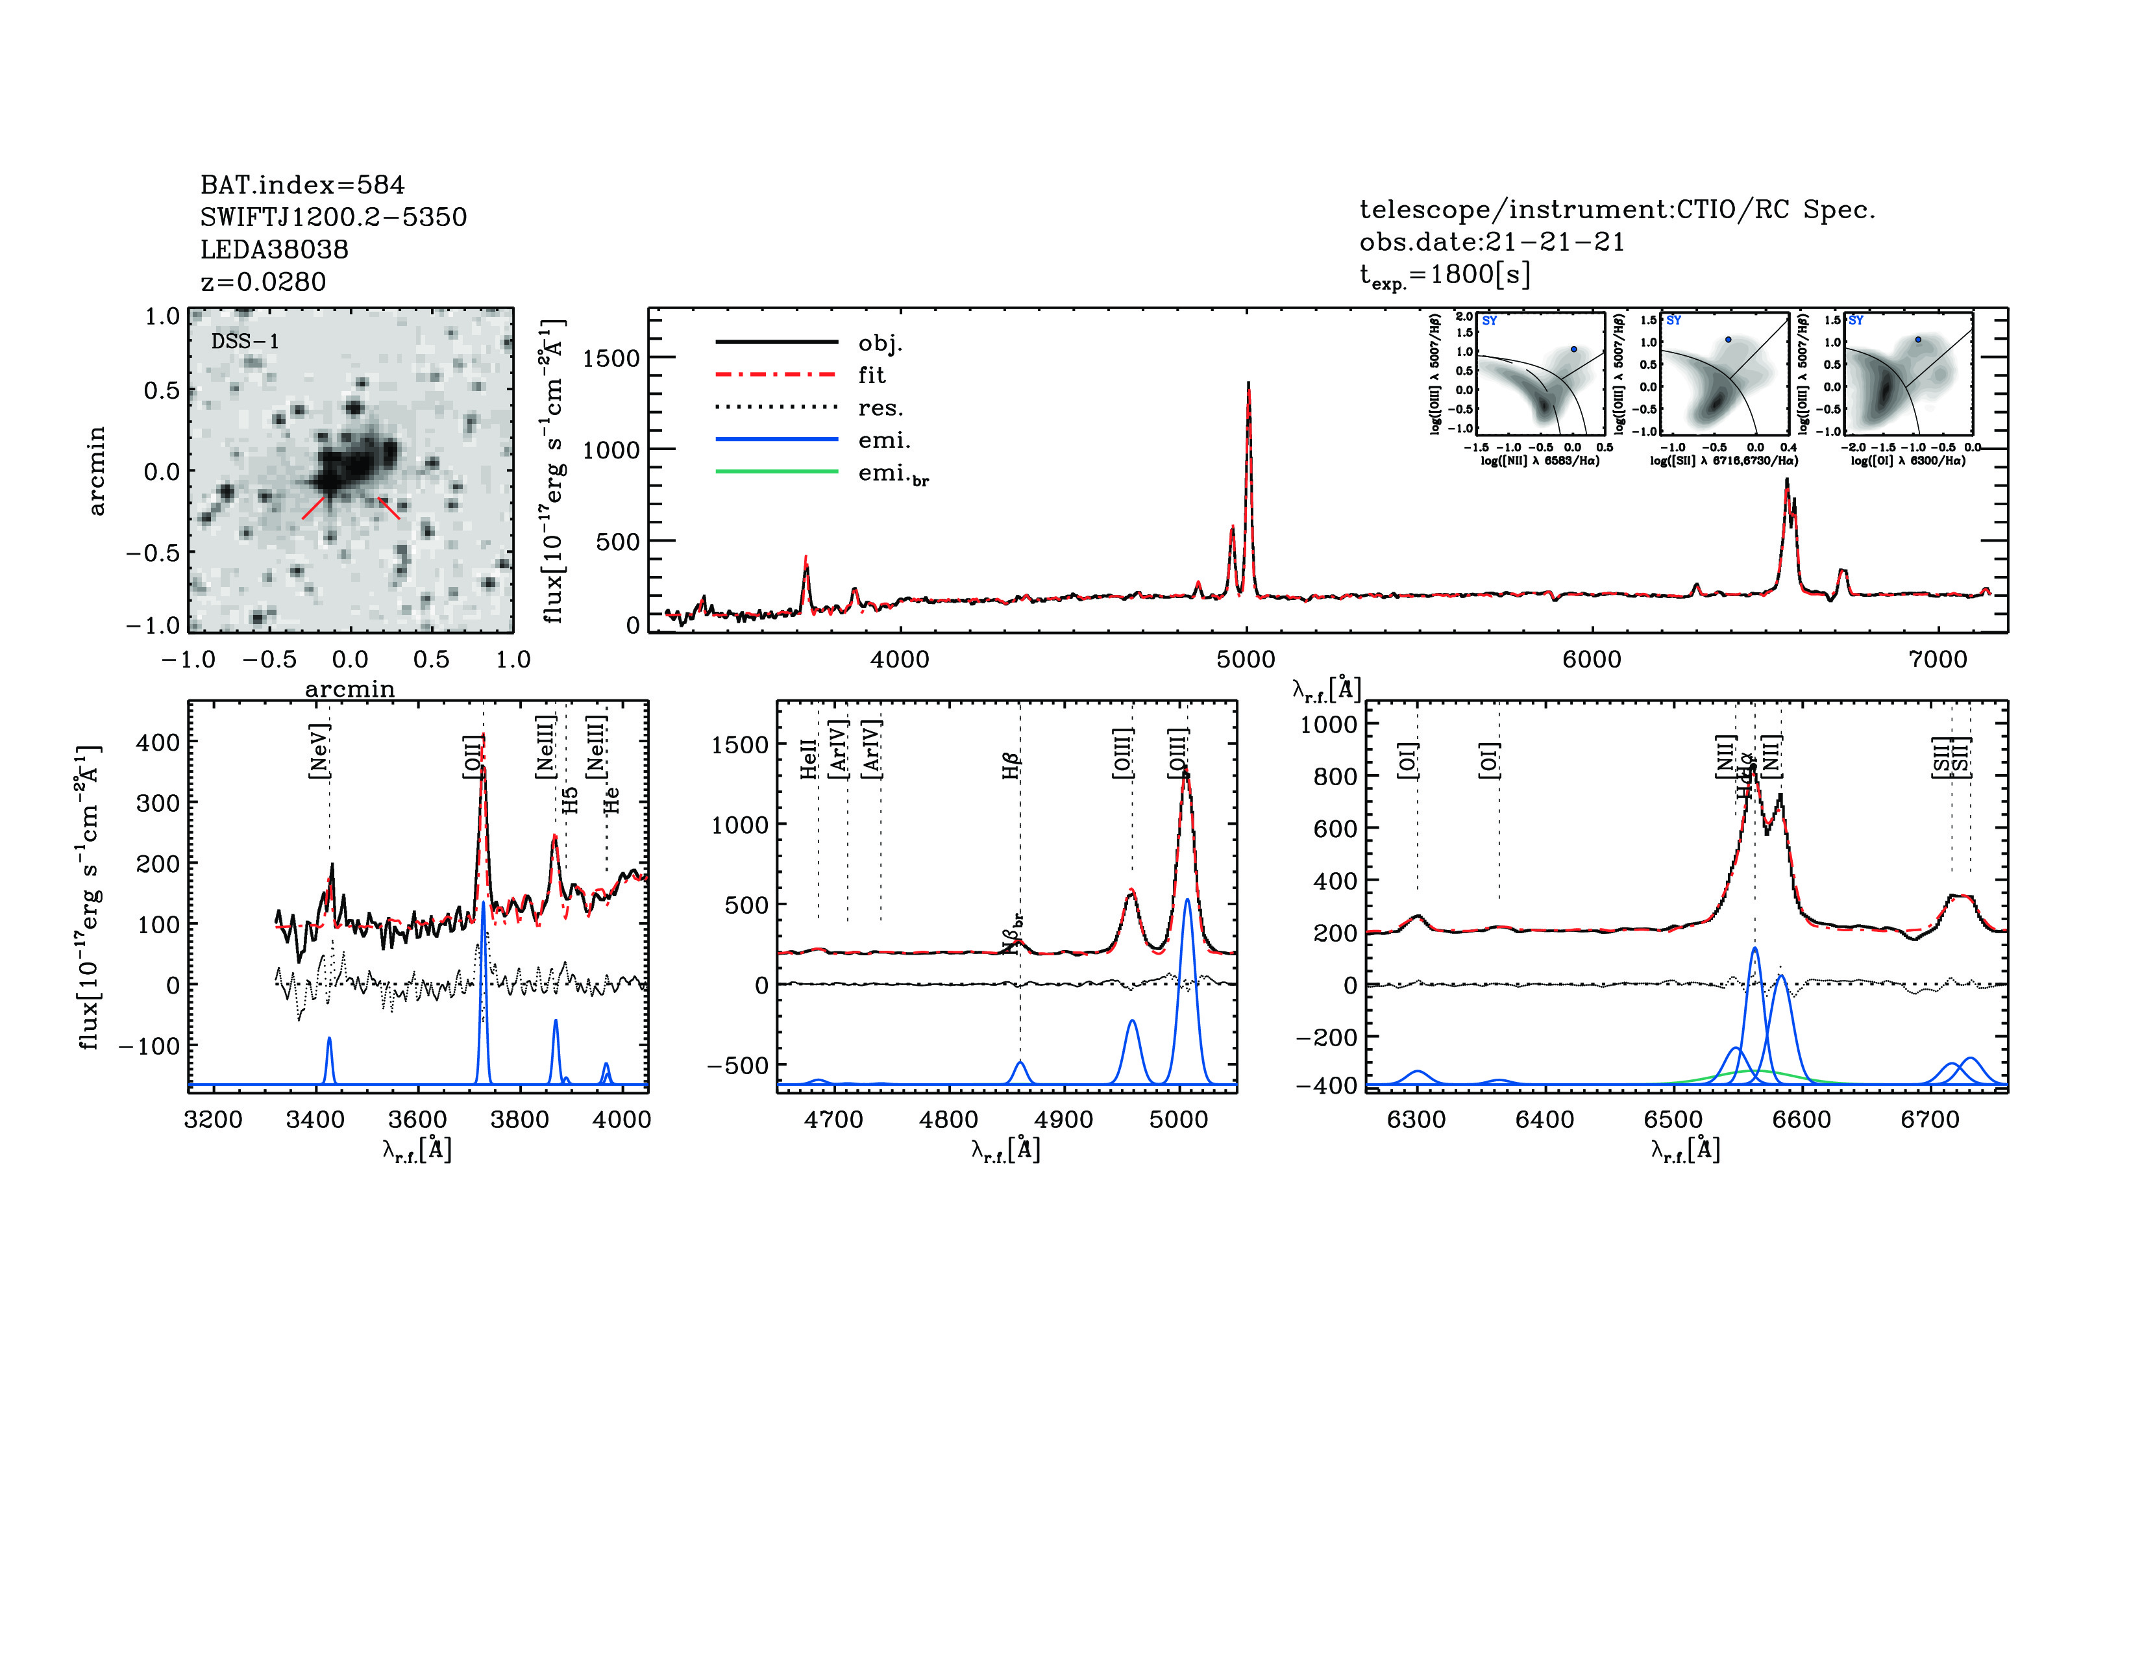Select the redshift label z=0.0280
coord(263,282)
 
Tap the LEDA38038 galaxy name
coord(274,249)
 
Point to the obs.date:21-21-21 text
coord(1491,242)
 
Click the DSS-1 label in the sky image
coord(245,342)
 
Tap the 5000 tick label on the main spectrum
coord(1246,659)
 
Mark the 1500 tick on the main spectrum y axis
coord(611,358)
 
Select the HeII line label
coord(808,759)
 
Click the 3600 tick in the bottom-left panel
coord(418,1120)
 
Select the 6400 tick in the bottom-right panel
coord(1545,1120)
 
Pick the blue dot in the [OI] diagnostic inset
coord(1918,340)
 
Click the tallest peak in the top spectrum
coord(1248,384)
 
